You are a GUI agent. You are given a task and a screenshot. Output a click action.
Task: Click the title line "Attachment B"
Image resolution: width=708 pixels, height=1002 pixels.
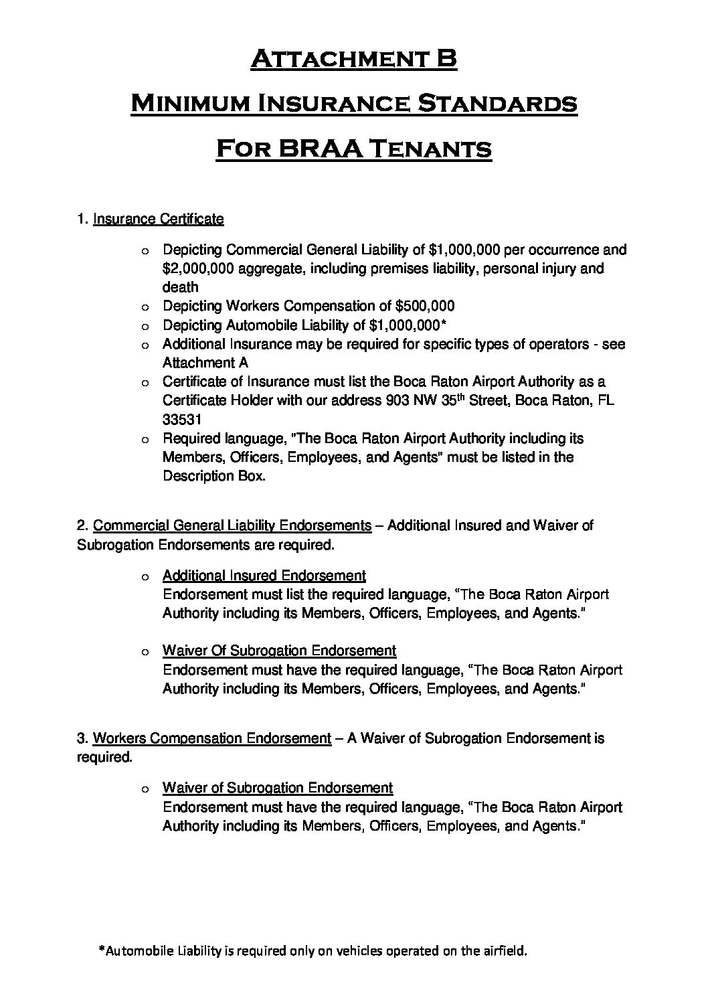click(353, 60)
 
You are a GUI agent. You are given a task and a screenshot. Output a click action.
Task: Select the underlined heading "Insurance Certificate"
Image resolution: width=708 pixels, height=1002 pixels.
click(158, 219)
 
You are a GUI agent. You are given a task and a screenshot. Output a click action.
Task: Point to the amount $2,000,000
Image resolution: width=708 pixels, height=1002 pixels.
click(197, 268)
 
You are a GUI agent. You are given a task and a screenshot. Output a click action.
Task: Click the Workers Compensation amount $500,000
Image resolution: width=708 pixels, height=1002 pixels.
click(425, 306)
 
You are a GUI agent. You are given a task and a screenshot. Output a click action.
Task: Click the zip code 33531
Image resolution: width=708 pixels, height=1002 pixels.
click(180, 419)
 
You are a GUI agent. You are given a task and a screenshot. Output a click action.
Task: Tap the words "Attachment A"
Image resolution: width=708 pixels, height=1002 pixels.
click(205, 363)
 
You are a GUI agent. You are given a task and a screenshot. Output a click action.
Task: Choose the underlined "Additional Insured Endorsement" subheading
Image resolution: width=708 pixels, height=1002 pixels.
click(264, 576)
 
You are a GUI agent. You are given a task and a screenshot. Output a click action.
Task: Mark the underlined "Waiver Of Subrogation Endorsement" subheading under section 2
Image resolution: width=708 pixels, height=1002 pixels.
click(279, 651)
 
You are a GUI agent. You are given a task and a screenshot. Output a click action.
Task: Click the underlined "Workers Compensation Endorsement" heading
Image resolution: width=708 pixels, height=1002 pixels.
click(211, 738)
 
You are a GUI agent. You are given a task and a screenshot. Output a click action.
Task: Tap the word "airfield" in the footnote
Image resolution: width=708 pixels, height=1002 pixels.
click(507, 950)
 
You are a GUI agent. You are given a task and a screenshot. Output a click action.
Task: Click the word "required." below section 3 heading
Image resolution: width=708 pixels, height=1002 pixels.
click(104, 757)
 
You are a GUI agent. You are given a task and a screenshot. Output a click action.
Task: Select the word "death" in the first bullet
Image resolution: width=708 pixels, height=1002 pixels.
click(180, 287)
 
